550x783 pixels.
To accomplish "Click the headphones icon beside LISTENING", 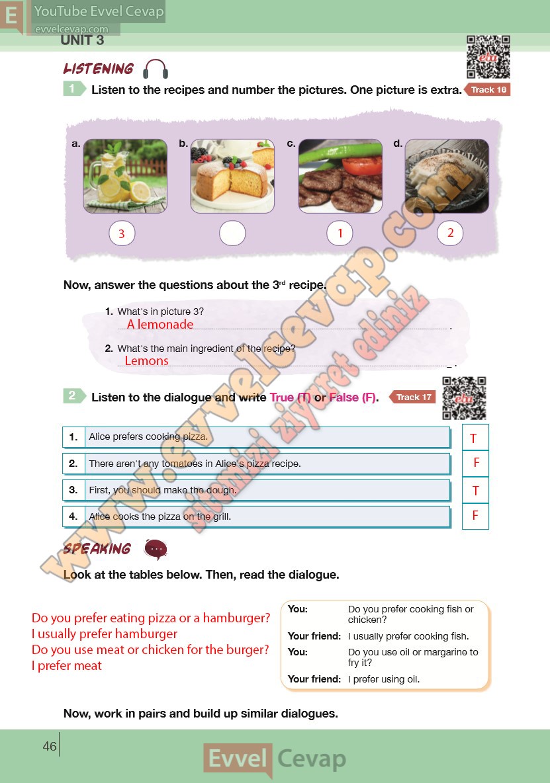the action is tap(156, 69).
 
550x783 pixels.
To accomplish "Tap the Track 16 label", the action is tap(488, 90).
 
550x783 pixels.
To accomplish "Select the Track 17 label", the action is tap(412, 397).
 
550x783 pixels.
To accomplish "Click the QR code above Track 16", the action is tap(488, 57).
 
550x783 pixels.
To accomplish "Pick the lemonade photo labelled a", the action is tap(125, 177).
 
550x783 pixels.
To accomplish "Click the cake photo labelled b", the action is tap(232, 177).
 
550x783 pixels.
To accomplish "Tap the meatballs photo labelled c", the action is tap(340, 177).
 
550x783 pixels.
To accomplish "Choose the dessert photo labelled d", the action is tap(447, 177).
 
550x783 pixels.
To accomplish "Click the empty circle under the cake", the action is tap(232, 233).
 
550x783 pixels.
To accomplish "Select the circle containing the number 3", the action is tap(122, 233).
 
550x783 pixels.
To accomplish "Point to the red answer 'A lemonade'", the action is tap(160, 324).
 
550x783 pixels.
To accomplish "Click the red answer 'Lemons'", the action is tap(146, 360).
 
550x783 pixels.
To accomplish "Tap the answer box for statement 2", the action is tap(476, 463).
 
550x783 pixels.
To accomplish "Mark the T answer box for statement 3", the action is tap(476, 490).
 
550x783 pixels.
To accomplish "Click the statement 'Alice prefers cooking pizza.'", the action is tap(148, 436).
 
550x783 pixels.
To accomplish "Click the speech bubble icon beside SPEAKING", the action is tap(156, 550).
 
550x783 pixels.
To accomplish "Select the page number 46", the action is tap(50, 746).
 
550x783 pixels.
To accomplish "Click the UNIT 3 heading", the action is tap(82, 40).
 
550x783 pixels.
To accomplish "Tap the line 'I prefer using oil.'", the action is tap(384, 679).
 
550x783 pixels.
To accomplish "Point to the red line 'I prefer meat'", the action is tap(66, 666).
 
